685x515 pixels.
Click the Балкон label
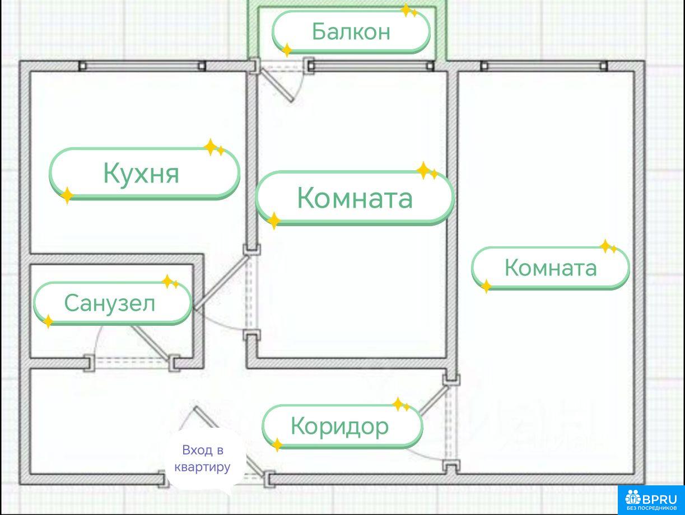point(351,31)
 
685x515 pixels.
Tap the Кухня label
point(141,172)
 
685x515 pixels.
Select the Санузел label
point(110,303)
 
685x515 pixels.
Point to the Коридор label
point(339,426)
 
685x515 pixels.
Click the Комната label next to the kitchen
point(355,197)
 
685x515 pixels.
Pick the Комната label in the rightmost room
point(551,268)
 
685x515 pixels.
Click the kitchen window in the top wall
point(142,66)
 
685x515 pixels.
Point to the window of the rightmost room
point(544,66)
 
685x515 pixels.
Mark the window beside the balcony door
point(370,66)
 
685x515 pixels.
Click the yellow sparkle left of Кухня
point(67,195)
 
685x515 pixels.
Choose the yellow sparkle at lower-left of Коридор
point(277,445)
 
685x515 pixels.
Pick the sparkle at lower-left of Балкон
point(287,50)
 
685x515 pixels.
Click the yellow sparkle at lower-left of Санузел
point(49,321)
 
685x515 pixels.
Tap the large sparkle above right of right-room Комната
point(605,246)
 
